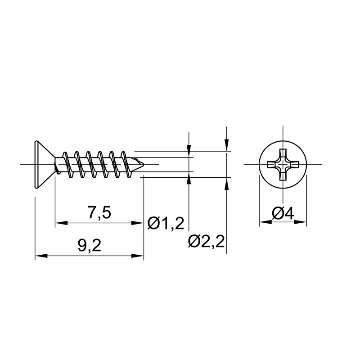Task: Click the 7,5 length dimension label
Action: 99,213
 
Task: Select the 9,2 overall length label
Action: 89,246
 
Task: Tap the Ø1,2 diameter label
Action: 166,223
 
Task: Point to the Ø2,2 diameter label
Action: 206,241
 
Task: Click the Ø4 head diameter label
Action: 283,213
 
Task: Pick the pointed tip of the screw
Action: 144,164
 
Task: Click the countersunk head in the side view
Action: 45,165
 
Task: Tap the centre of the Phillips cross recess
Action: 283,164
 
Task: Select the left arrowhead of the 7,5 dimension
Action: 61,223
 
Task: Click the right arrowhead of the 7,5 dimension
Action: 138,223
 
